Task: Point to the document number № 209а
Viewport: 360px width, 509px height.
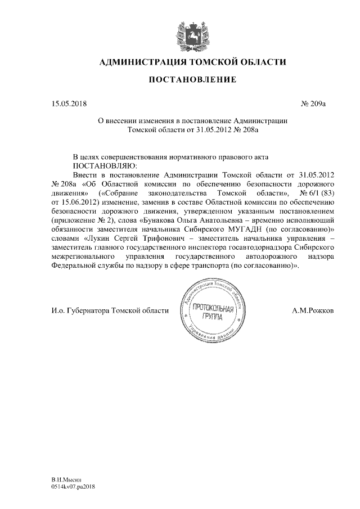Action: [x=313, y=104]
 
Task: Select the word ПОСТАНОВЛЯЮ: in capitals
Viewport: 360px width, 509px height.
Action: [x=102, y=166]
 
